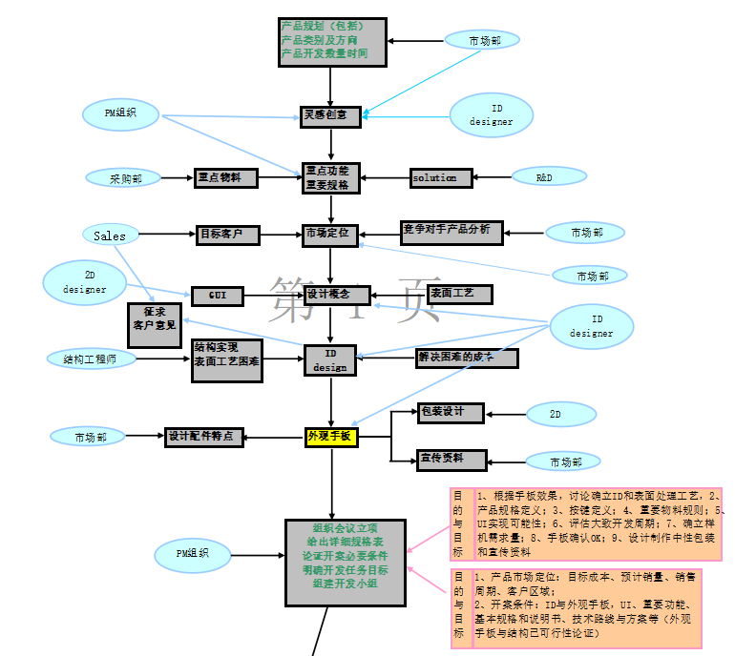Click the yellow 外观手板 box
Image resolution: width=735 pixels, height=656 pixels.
point(330,437)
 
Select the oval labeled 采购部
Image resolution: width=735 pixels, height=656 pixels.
point(125,178)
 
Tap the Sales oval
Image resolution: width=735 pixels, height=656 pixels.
point(110,235)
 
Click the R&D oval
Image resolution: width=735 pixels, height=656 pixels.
point(544,176)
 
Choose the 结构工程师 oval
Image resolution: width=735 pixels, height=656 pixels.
point(92,359)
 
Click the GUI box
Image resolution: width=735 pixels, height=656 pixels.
point(218,296)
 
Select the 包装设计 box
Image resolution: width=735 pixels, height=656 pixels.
point(451,413)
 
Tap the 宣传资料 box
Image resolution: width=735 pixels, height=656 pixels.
point(451,460)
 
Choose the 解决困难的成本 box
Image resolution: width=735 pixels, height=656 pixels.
point(467,358)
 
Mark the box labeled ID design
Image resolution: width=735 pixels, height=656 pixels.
point(330,360)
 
